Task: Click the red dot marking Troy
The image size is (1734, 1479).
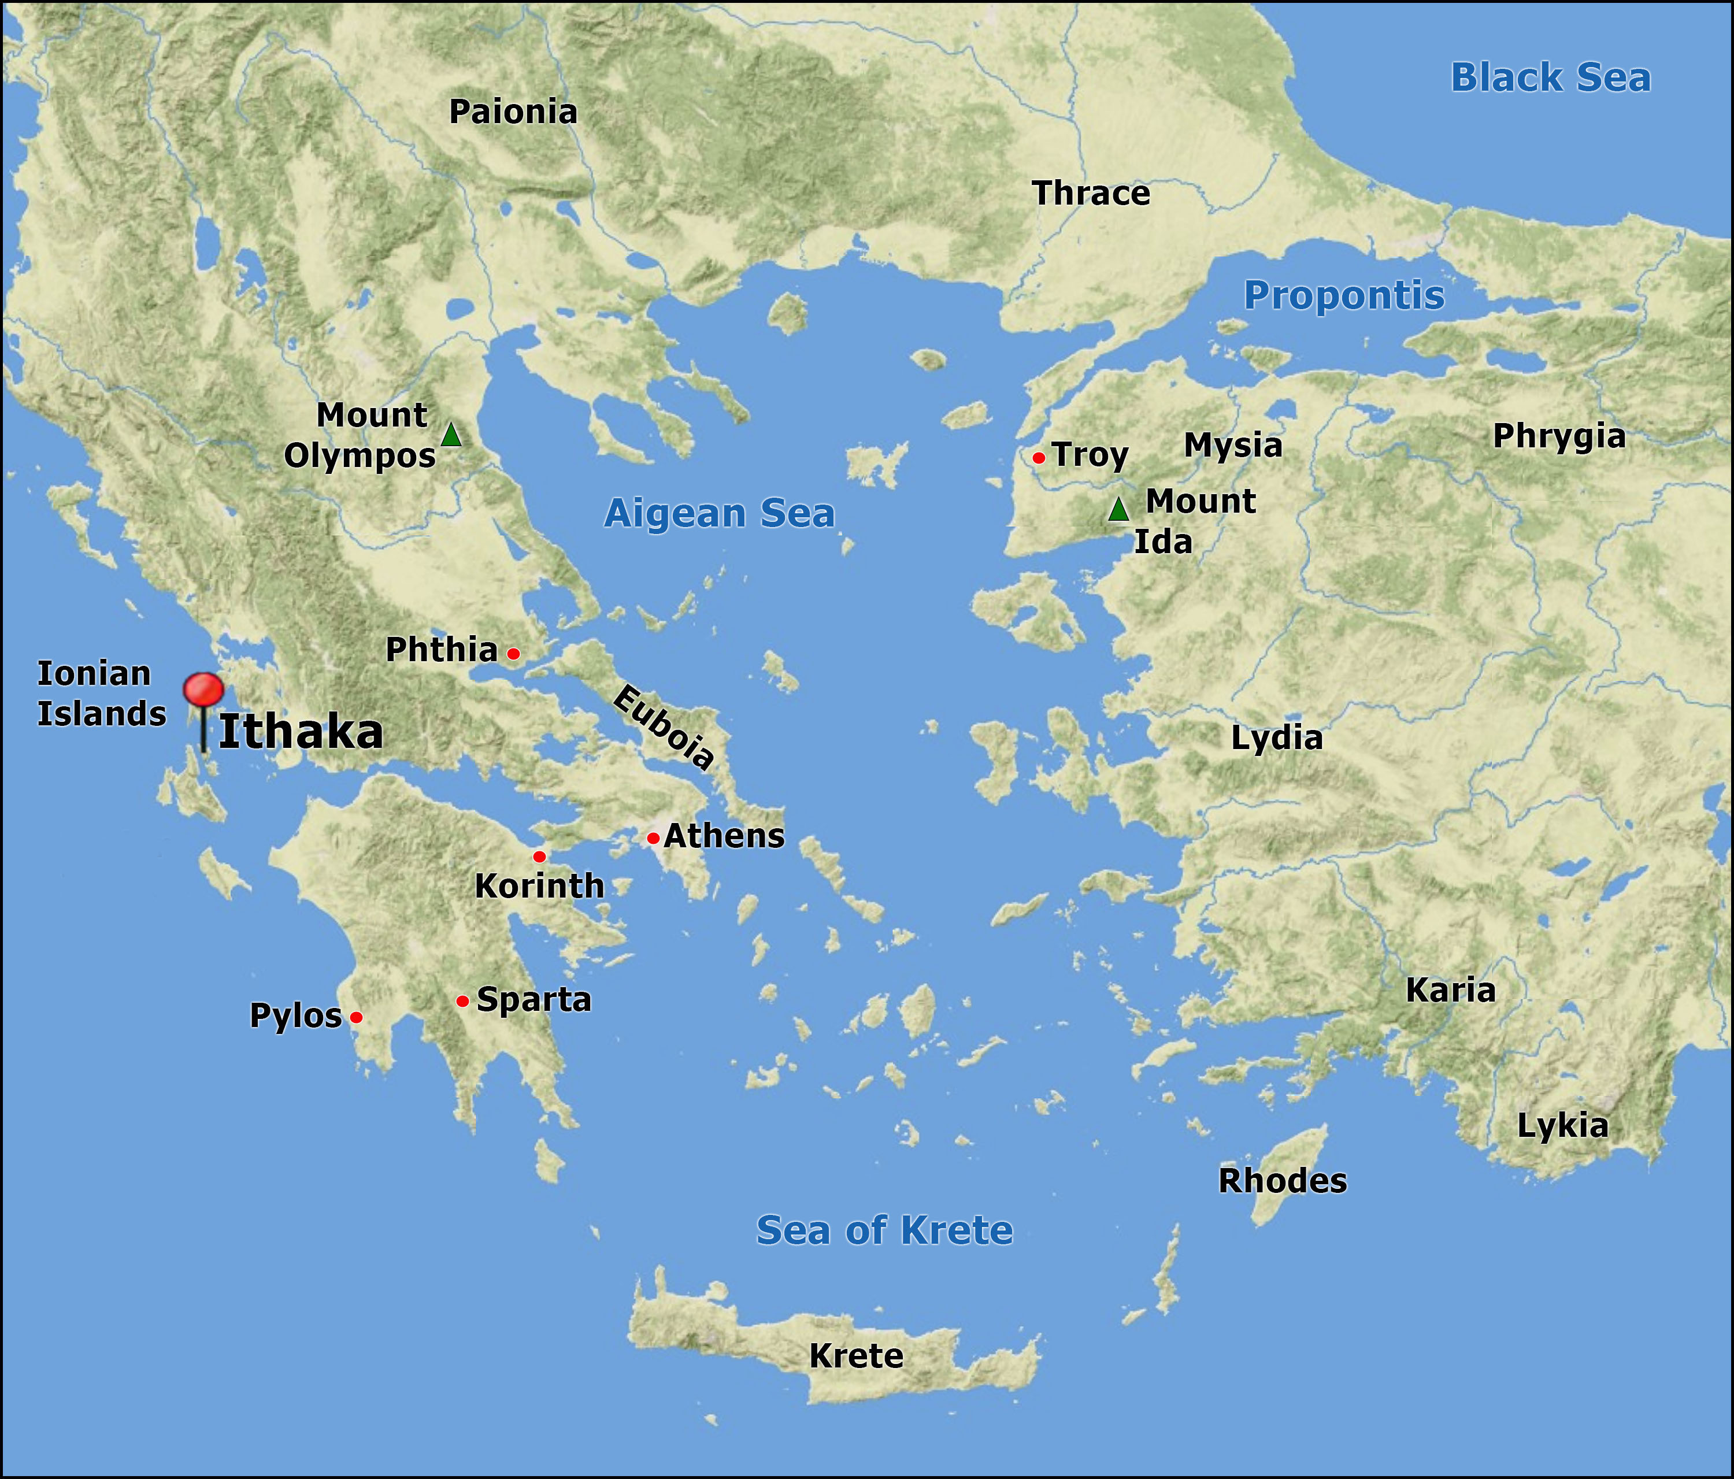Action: click(1038, 458)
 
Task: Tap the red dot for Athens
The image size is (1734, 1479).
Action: click(653, 838)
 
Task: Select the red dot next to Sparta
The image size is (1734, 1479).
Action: click(462, 1001)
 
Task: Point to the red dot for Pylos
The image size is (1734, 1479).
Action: click(355, 1017)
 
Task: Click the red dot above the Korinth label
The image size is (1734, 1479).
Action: click(539, 857)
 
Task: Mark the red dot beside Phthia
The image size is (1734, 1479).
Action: click(513, 654)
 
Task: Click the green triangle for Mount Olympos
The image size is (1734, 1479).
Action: click(451, 435)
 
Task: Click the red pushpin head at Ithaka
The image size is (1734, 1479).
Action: click(203, 690)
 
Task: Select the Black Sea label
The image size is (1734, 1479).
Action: click(1550, 78)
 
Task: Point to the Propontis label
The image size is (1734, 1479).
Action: click(1343, 295)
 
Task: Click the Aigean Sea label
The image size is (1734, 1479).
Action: click(719, 513)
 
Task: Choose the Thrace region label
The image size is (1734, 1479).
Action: click(1091, 194)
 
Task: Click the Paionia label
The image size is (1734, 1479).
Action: click(513, 112)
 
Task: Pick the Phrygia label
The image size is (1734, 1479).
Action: click(1558, 436)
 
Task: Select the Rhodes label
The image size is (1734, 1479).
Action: click(1282, 1181)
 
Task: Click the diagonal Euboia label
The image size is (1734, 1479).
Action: click(664, 726)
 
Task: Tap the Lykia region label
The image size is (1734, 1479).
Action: click(1562, 1126)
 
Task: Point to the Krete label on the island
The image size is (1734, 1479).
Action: click(855, 1356)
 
